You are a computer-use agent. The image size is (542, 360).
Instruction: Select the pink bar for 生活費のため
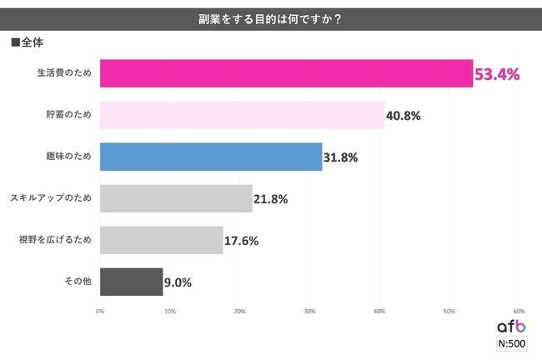tap(286, 74)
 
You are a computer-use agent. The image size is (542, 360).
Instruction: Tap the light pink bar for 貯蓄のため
tap(242, 115)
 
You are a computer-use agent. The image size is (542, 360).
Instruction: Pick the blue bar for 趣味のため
tap(211, 157)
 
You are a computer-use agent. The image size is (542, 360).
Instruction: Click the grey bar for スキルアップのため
tap(176, 198)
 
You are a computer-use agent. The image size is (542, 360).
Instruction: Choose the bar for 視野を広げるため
tap(161, 240)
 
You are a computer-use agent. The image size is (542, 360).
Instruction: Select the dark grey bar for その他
tap(131, 282)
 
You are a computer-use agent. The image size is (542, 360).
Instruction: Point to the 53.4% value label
tap(497, 75)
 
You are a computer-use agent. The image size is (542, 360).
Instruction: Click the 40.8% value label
tap(403, 116)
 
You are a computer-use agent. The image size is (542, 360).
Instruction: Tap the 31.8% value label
tap(340, 157)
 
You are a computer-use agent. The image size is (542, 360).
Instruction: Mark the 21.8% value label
tap(270, 199)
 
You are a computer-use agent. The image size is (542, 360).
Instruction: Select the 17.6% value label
tap(241, 241)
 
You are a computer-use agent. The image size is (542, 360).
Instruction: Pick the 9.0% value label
tap(178, 282)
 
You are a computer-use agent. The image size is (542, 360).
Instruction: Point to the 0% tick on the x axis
tap(100, 311)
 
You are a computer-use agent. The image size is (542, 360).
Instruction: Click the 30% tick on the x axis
tap(309, 311)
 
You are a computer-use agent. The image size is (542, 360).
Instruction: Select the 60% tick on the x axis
tap(518, 311)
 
